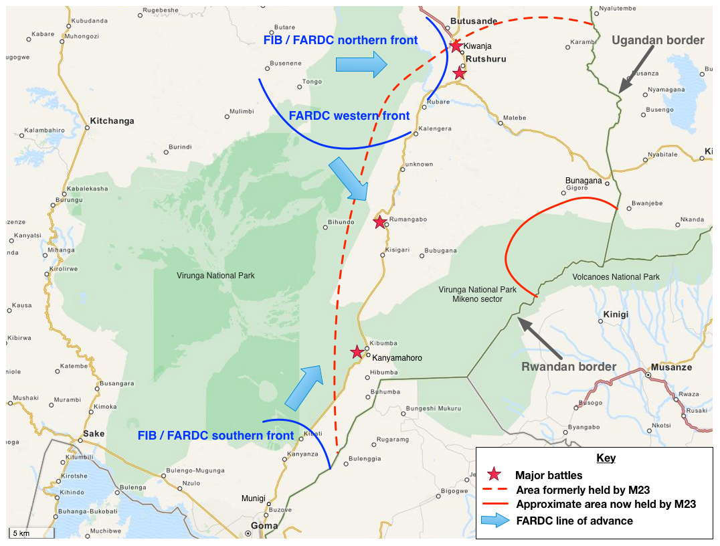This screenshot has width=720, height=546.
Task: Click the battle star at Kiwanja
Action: pos(456,46)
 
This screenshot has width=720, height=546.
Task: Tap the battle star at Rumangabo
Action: pos(379,222)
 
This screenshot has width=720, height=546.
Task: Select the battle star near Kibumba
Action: pos(357,352)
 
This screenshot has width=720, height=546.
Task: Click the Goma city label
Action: pos(264,526)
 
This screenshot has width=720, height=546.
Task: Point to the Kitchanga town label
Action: pos(111,121)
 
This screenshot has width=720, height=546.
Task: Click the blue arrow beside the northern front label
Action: pos(361,64)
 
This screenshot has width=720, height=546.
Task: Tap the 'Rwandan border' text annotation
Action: pos(569,366)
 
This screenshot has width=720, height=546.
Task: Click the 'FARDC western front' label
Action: pos(349,116)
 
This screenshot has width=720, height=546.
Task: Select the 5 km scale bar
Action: pos(29,533)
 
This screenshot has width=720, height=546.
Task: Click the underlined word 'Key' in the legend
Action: pos(606,458)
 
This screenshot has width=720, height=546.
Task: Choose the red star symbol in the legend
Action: pos(494,475)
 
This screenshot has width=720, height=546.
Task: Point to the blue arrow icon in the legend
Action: pos(494,521)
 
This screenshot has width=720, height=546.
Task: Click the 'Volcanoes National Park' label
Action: pos(616,277)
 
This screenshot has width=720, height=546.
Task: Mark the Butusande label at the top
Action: pos(474,21)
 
